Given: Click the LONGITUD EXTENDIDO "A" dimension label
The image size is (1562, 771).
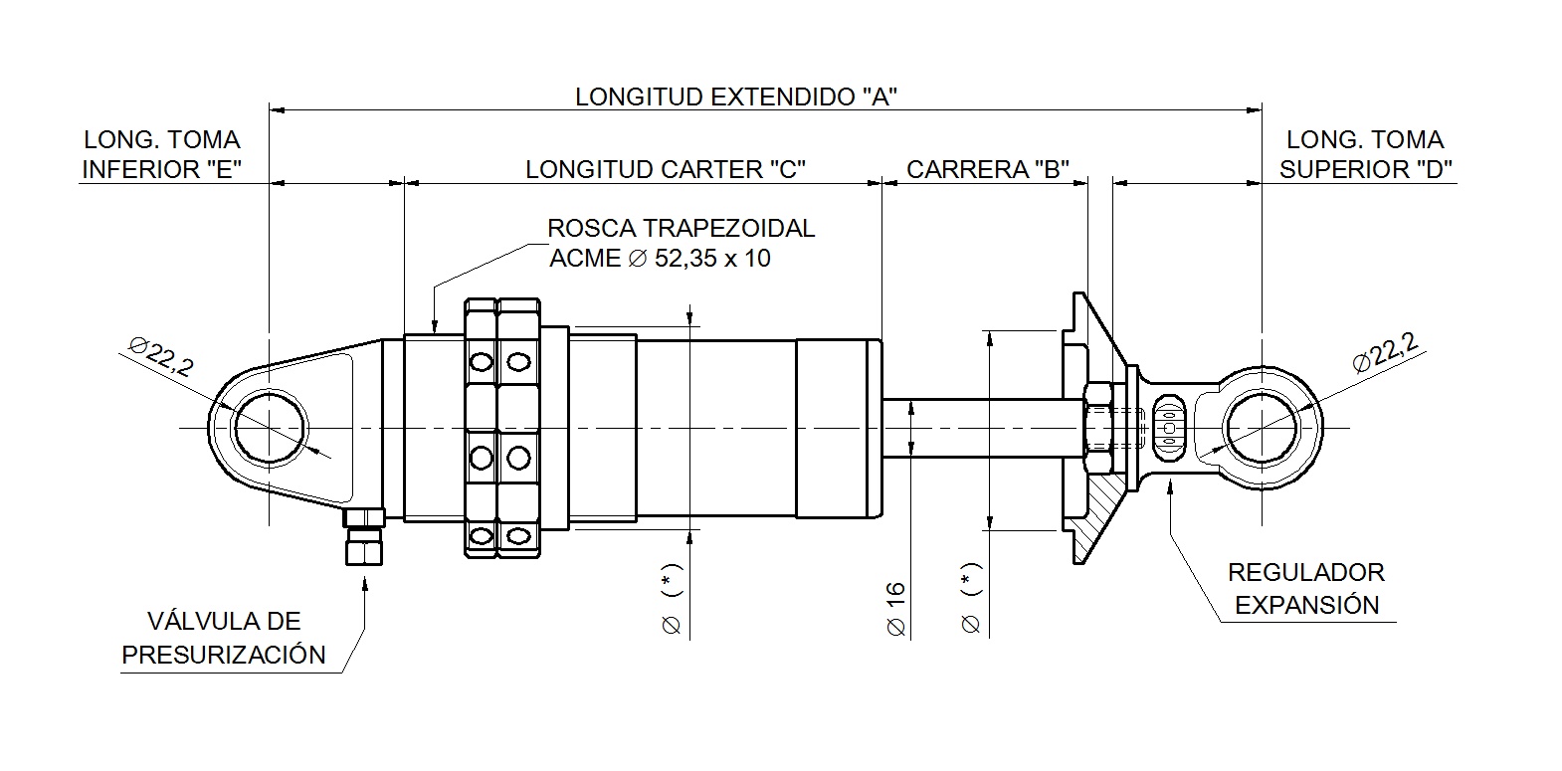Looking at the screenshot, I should (x=737, y=96).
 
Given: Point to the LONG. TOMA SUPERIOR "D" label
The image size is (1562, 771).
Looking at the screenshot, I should (x=1365, y=154).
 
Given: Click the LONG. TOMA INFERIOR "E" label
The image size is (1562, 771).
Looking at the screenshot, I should (x=162, y=154).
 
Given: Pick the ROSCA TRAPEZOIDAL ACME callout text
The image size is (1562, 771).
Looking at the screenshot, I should (x=681, y=243).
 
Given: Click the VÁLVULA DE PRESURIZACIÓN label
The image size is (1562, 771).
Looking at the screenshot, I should (x=223, y=638).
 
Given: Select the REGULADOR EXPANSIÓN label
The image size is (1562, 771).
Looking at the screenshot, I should (x=1306, y=588).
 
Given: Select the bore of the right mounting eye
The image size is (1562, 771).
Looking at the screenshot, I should (x=1262, y=429).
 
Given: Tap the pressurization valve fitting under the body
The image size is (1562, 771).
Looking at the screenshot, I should (x=364, y=537).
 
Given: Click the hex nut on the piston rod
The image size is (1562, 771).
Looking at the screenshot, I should (x=1097, y=429).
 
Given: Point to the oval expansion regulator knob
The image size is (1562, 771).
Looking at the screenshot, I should (x=1169, y=429).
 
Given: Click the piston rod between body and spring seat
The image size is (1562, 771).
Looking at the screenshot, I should (x=980, y=429).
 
